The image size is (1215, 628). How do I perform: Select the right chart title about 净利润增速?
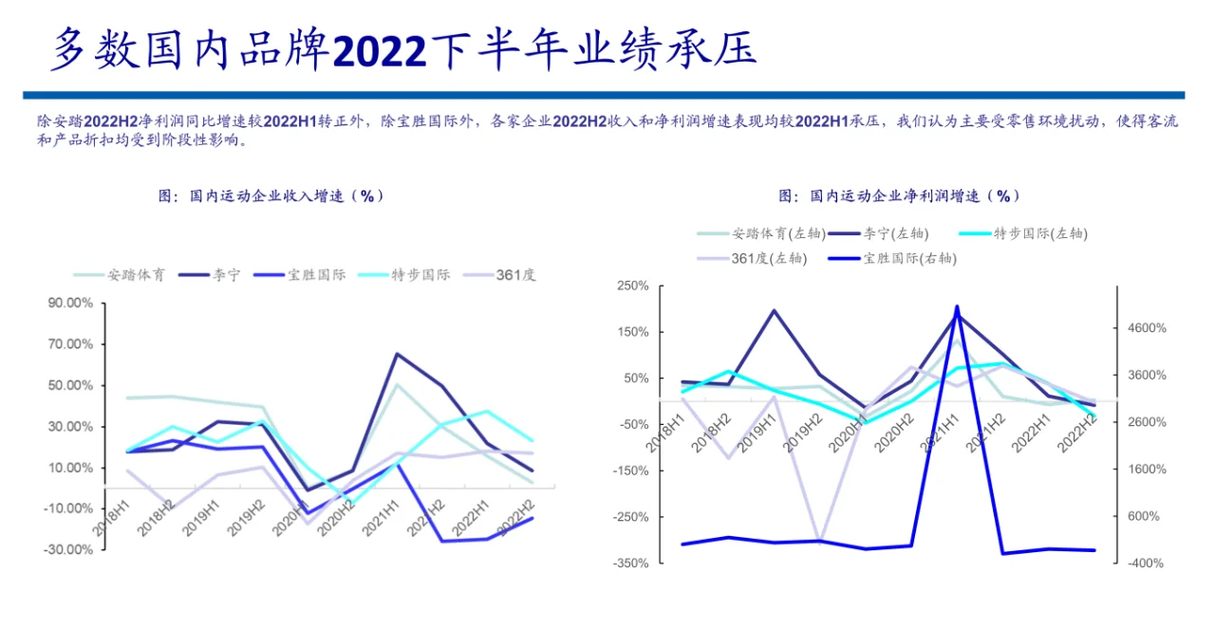click(899, 195)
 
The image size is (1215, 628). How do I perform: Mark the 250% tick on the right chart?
click(632, 286)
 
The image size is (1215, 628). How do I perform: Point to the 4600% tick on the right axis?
click(1146, 328)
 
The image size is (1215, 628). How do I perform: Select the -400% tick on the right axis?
click(1146, 563)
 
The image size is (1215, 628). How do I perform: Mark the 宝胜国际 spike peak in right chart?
click(957, 306)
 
